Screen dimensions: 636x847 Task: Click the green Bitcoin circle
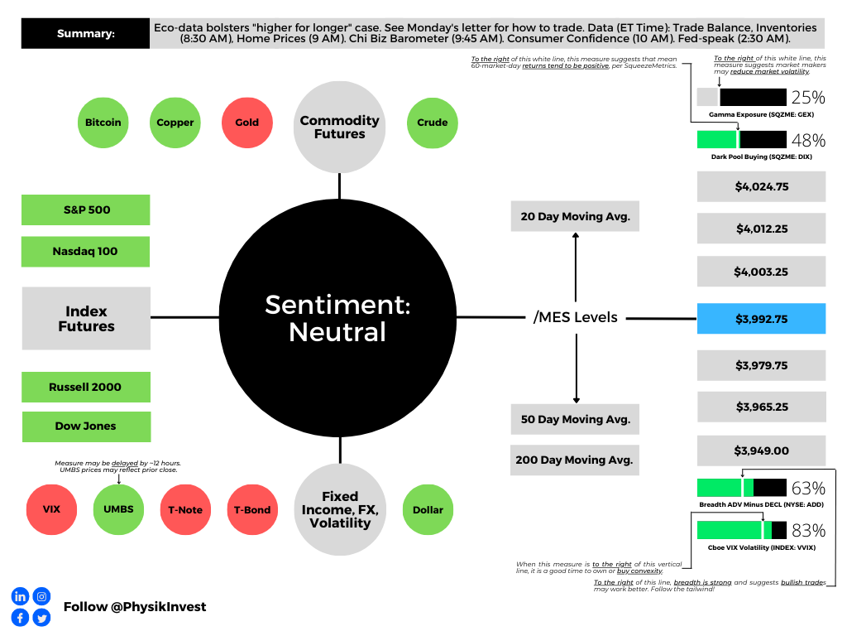[x=103, y=123]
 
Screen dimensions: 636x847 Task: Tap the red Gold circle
[x=246, y=123]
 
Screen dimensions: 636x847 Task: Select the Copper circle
[x=175, y=123]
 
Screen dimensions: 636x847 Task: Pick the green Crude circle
[x=433, y=123]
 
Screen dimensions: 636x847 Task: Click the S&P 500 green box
[x=86, y=210]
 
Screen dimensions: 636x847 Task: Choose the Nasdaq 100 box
[x=86, y=252]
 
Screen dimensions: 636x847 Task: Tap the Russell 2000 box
[x=86, y=387]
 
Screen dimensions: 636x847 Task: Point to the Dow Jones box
[x=86, y=426]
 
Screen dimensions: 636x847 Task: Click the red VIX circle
[x=52, y=510]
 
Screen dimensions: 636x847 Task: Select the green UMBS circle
[x=119, y=510]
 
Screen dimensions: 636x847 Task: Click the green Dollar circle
[x=428, y=510]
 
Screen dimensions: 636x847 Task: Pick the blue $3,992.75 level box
[x=761, y=318]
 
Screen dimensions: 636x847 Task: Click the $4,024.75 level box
[x=761, y=186]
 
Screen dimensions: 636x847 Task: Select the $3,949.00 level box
[x=761, y=450]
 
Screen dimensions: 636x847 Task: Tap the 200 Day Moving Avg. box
[x=575, y=460]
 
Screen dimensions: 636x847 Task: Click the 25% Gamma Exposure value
[x=808, y=97]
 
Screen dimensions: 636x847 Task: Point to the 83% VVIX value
[x=808, y=530]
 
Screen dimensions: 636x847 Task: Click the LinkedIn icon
[x=20, y=596]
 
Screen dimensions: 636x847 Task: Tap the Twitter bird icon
[x=41, y=618]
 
